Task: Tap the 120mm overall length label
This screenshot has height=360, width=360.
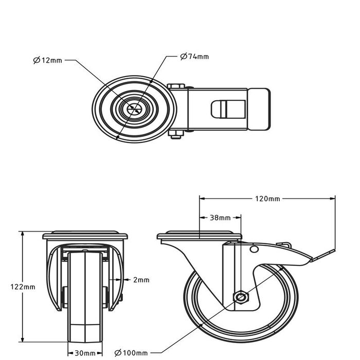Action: pyautogui.click(x=267, y=199)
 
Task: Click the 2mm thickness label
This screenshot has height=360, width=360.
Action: pyautogui.click(x=141, y=280)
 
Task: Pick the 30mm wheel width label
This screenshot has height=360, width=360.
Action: pyautogui.click(x=84, y=353)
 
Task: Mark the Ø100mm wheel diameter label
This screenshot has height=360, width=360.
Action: pyautogui.click(x=131, y=353)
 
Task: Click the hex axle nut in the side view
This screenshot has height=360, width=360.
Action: pyautogui.click(x=240, y=297)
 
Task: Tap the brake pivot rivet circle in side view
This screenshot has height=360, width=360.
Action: pyautogui.click(x=254, y=249)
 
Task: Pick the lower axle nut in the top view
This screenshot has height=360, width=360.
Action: pyautogui.click(x=176, y=135)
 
